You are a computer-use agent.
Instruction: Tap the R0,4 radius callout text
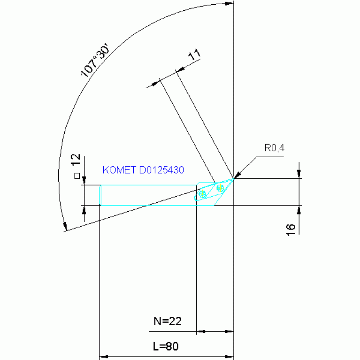pos(275,148)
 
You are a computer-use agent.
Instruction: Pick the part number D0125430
pos(161,170)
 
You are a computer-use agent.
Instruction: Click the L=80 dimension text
pos(166,346)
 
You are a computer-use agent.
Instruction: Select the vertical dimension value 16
pos(291,228)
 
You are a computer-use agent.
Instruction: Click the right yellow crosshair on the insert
pos(220,188)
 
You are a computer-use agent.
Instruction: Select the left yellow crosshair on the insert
pos(203,194)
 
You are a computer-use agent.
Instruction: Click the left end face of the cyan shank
pos(100,195)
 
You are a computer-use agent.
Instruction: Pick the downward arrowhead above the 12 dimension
pos(84,181)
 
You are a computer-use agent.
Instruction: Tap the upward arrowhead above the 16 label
pos(299,209)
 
